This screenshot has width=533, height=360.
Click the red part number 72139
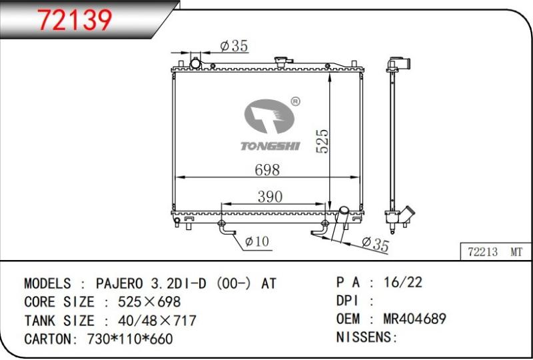(75, 20)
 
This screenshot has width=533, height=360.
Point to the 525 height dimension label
(322, 141)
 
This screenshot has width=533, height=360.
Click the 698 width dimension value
(267, 170)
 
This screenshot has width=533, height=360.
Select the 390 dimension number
(270, 197)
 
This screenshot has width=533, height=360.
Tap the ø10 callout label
(257, 241)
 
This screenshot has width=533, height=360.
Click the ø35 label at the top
(234, 46)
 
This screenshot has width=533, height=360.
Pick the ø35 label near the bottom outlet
(375, 244)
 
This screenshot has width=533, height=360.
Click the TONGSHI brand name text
(270, 146)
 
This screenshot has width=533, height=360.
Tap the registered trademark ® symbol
(295, 101)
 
